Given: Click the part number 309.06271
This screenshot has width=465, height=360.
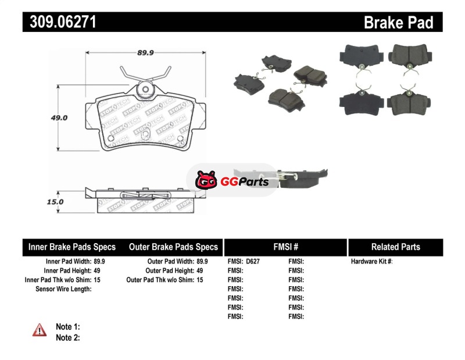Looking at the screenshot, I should (60, 23).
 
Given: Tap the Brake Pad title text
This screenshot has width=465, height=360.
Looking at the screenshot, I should (398, 23).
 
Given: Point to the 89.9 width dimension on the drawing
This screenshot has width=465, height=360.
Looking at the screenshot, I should (145, 52).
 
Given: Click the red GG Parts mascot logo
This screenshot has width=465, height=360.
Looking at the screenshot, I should (206, 181).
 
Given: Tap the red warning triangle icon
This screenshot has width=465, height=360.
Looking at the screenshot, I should (40, 330).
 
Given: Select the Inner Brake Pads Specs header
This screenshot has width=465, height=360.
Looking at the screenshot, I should (72, 247).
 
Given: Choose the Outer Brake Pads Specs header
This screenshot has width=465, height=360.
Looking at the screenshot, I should (173, 247).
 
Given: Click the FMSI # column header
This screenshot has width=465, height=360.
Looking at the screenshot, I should (285, 247).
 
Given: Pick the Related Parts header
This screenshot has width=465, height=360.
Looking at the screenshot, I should (395, 247).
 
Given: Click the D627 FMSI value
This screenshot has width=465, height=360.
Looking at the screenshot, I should (253, 262).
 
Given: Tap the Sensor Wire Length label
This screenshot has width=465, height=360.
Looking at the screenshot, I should (63, 289).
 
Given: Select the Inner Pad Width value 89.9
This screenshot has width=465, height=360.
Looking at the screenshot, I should (99, 262).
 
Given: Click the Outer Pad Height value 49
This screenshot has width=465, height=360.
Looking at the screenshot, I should (199, 271).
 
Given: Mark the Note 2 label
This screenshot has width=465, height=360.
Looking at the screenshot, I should (67, 337).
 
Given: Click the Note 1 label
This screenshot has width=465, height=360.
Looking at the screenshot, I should (67, 327).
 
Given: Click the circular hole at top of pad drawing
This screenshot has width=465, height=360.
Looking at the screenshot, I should (145, 90).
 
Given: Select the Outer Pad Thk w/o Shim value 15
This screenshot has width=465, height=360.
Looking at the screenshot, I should (199, 280).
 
